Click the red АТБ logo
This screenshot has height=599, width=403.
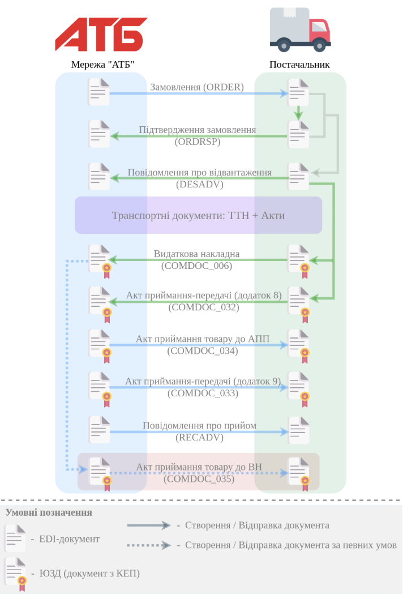coord(101,35)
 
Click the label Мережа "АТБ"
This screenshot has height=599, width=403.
coord(102,65)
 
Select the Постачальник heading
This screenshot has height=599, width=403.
coord(299,65)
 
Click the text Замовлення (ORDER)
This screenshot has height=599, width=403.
coord(197,87)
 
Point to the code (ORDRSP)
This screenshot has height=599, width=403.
coord(198,142)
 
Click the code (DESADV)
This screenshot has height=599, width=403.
coord(199,184)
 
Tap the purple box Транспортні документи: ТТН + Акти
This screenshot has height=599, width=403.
coord(198,215)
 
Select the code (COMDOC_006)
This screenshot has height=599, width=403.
coord(196,266)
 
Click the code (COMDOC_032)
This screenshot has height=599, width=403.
coord(204,307)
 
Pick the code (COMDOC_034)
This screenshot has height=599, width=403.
coord(203,350)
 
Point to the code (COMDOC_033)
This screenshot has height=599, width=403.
coord(203,393)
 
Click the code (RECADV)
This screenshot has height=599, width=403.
coord(199,438)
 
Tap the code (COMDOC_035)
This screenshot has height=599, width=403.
coord(199,478)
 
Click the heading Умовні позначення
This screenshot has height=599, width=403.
coord(49,513)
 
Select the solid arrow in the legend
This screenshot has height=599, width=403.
coord(149,525)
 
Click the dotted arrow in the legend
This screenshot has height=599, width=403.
coord(149,545)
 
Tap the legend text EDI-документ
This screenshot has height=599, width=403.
coord(69,539)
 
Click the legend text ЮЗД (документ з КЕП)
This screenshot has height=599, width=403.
coord(89,574)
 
